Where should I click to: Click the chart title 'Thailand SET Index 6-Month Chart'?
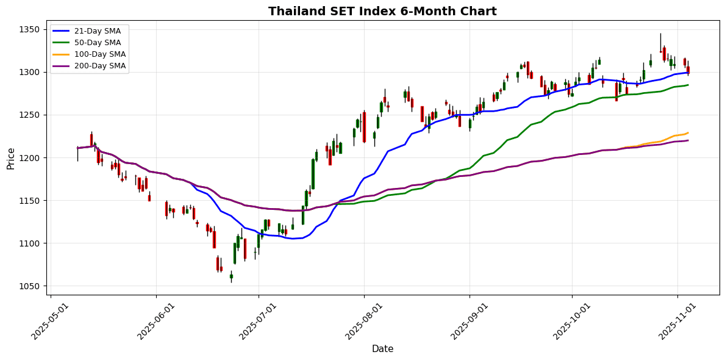click(x=382, y=11)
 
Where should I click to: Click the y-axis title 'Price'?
click(x=11, y=158)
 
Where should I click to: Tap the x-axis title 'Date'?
click(x=382, y=349)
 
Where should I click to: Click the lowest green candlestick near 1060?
click(x=231, y=276)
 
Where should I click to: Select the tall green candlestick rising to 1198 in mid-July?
click(x=313, y=174)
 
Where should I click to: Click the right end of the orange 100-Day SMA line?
click(x=688, y=132)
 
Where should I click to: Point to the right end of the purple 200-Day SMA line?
click(x=688, y=140)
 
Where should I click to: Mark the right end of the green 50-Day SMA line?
click(x=688, y=85)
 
